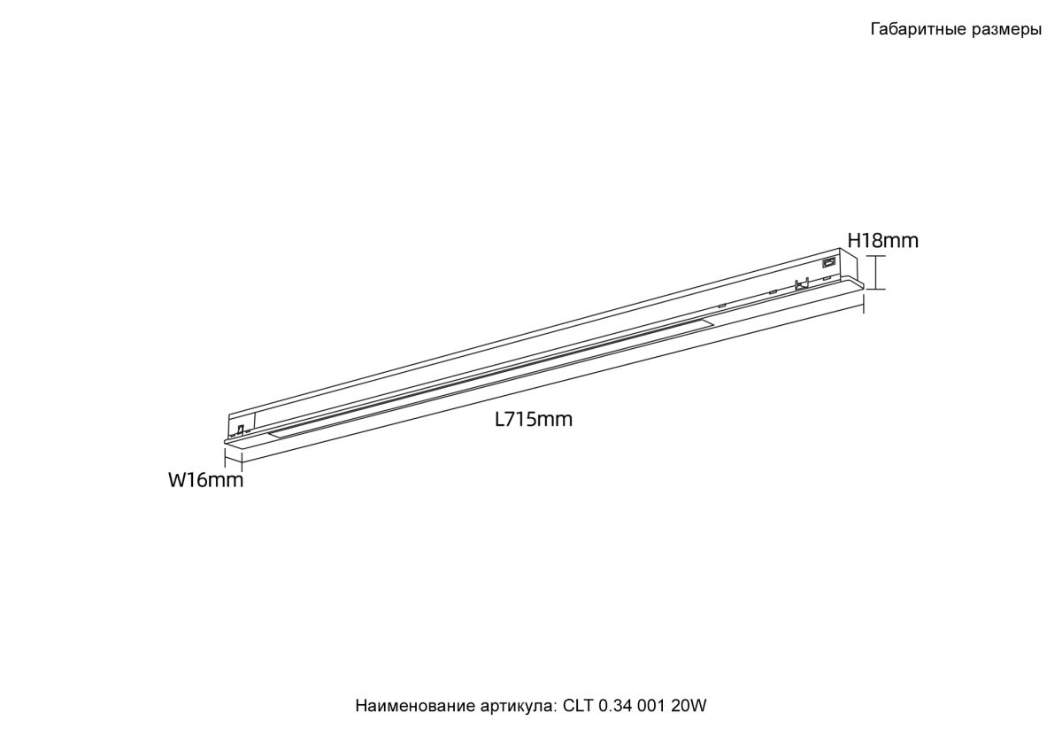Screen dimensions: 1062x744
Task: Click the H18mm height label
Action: click(x=883, y=241)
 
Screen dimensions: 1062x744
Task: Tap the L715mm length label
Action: click(x=534, y=420)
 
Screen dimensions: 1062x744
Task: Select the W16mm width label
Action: click(x=205, y=480)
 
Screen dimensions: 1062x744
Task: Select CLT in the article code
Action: click(x=577, y=719)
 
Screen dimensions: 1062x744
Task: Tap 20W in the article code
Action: click(x=689, y=719)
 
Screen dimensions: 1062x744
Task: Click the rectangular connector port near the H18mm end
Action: click(x=829, y=260)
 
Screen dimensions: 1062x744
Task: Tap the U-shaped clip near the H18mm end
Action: click(x=801, y=284)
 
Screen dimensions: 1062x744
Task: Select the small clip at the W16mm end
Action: click(x=241, y=429)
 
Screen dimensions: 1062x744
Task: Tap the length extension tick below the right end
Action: click(x=864, y=304)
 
